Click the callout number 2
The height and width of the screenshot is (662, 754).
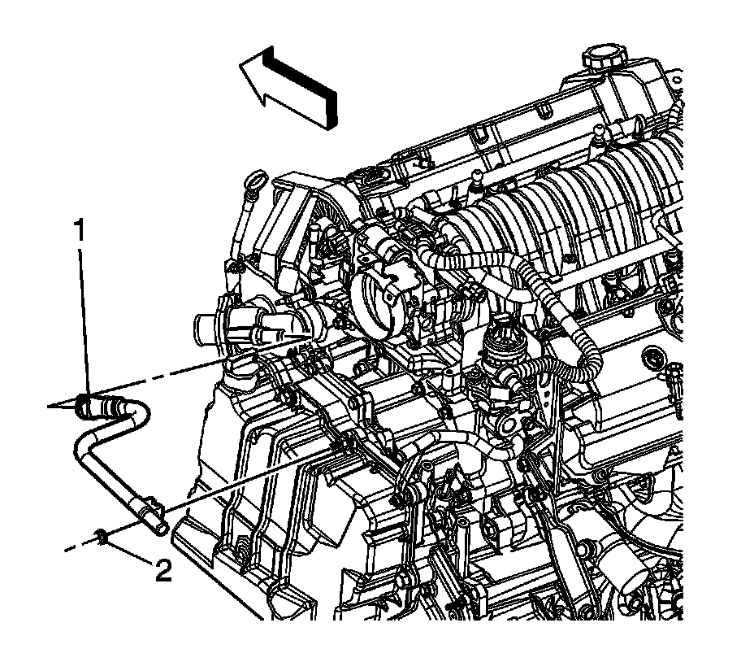[x=163, y=571]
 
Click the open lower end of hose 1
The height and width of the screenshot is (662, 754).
[x=161, y=528]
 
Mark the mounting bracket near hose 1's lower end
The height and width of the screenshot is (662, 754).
[x=155, y=506]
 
